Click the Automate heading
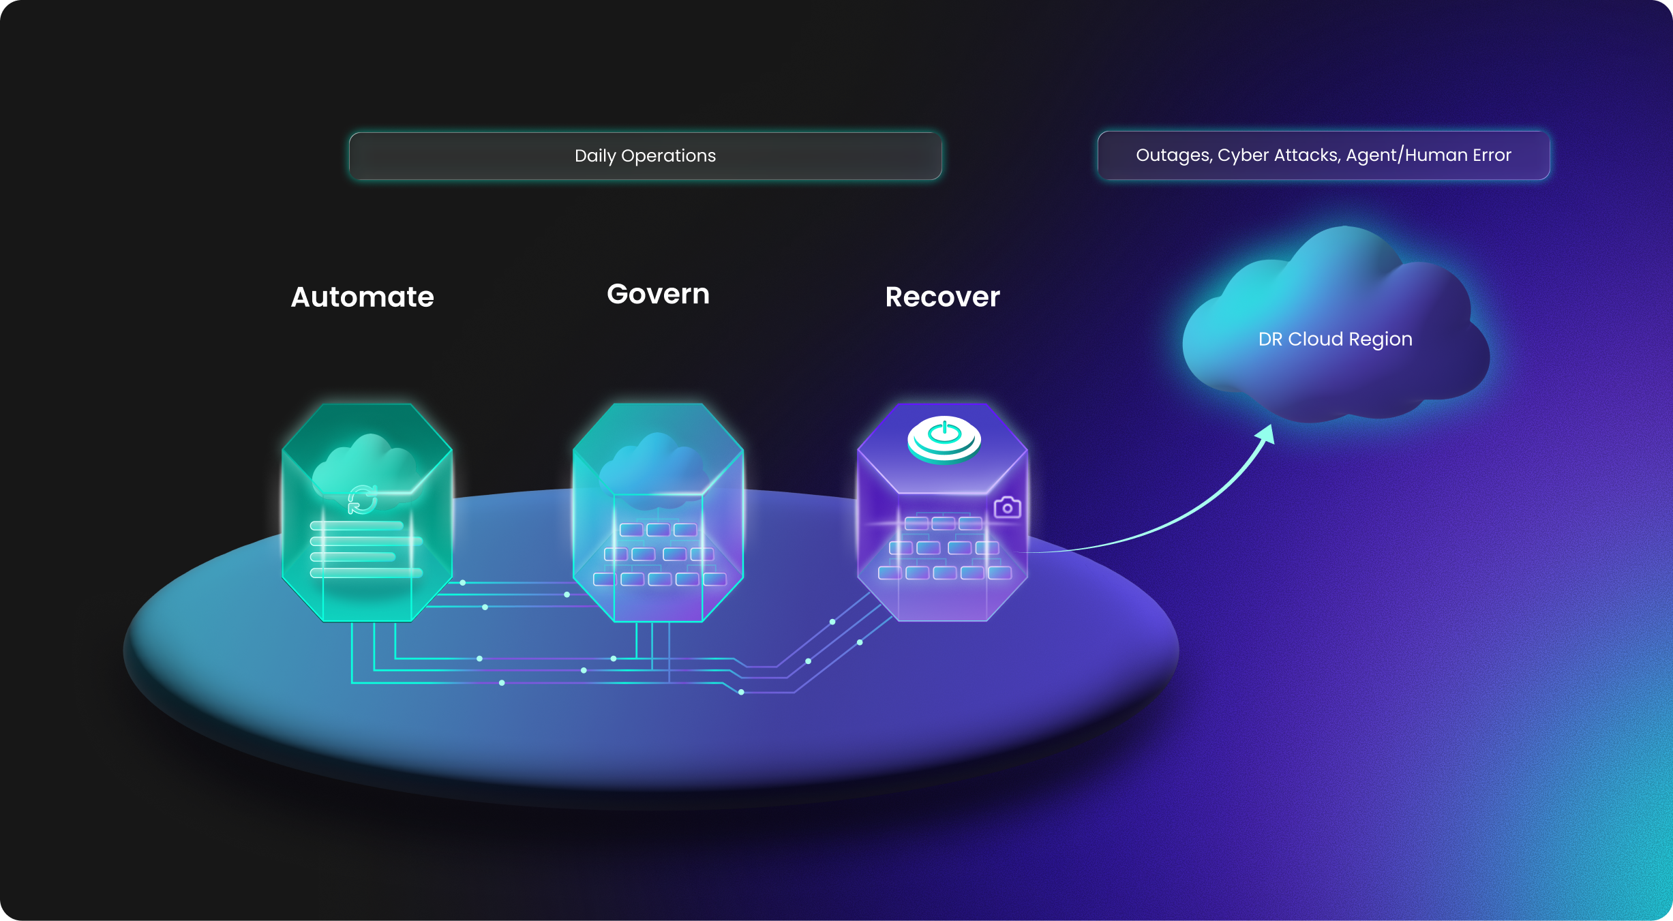tap(362, 297)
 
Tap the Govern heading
tap(658, 295)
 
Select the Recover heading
tap(942, 297)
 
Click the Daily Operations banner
tap(645, 156)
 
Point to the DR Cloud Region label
tap(1335, 339)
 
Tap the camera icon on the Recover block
tap(1007, 507)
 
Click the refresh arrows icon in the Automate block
tap(362, 500)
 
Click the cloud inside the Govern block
tap(653, 464)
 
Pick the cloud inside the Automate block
tap(365, 464)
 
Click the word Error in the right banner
tap(1492, 155)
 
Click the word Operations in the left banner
tap(668, 156)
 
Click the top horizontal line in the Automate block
tap(357, 526)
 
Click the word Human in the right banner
tap(1436, 155)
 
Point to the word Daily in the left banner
tap(595, 156)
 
